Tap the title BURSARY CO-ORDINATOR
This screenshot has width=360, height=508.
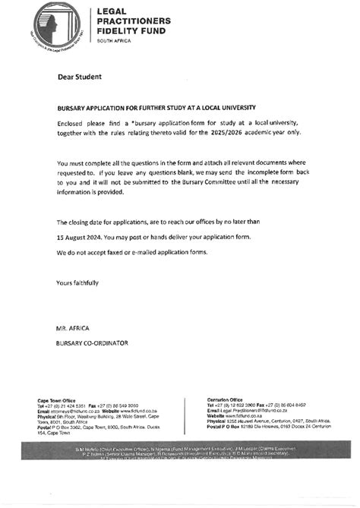pos(92,343)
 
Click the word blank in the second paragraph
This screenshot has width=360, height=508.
pos(174,173)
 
